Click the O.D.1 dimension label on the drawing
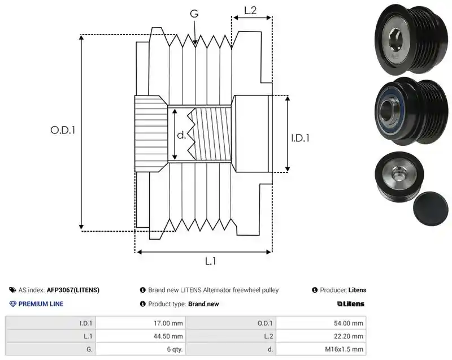tap(63, 131)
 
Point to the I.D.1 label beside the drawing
tap(300, 138)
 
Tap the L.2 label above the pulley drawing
tap(250, 10)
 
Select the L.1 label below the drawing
tap(210, 261)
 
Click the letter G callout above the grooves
tap(194, 14)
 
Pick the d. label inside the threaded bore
tap(181, 135)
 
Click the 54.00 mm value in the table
tap(349, 323)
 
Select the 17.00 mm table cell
tap(168, 323)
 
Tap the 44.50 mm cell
tap(168, 336)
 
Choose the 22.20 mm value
tap(349, 336)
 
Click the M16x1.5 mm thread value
tap(344, 349)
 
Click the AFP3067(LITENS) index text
tap(73, 290)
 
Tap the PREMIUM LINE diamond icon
tap(13, 304)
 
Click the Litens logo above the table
tap(350, 304)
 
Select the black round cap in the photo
tap(431, 209)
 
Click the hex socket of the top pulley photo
tap(395, 39)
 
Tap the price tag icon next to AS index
tap(12, 290)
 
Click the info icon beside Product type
tap(142, 304)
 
